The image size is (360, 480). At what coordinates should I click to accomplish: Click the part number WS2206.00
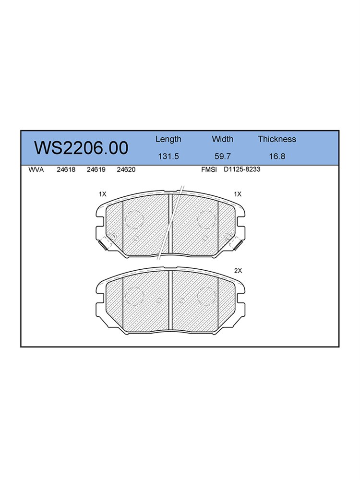pyautogui.click(x=81, y=148)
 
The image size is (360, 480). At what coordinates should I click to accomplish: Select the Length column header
pyautogui.click(x=168, y=140)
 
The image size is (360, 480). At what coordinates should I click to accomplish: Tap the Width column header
pyautogui.click(x=223, y=139)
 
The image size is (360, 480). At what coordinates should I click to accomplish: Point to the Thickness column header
pyautogui.click(x=277, y=139)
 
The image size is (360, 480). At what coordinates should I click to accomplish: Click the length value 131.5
pyautogui.click(x=168, y=156)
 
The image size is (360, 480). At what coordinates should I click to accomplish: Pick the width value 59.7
pyautogui.click(x=223, y=156)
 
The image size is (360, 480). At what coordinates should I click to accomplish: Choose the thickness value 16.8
pyautogui.click(x=277, y=156)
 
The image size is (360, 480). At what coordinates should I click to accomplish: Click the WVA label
pyautogui.click(x=36, y=169)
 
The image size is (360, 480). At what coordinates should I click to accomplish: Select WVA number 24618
pyautogui.click(x=66, y=169)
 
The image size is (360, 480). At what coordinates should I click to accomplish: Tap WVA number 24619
pyautogui.click(x=96, y=169)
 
